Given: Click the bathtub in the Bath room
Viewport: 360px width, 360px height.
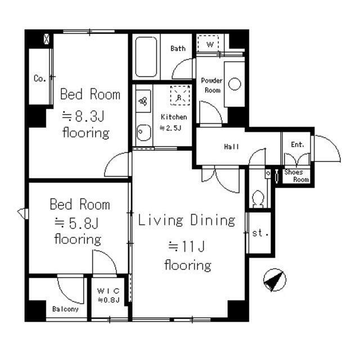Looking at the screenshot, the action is point(146,57).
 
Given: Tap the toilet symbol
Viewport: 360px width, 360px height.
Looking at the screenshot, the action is point(258,199).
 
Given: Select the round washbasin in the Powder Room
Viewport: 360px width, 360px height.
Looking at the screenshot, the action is point(235,84).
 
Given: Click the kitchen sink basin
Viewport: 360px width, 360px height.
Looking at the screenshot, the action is point(143,133).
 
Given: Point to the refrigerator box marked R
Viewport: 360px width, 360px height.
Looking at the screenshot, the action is point(180,95).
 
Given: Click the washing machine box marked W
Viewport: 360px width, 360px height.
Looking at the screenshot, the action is point(208,44).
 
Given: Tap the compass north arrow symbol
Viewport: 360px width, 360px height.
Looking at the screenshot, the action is point(274,280).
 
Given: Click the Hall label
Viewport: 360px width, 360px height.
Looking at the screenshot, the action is point(231,147).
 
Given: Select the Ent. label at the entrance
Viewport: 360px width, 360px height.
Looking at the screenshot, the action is point(298,145).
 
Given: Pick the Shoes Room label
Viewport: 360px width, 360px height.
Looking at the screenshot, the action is point(296,175).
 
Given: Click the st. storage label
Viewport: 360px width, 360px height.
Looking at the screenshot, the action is point(260,233).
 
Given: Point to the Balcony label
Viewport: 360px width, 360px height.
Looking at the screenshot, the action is point(65,309).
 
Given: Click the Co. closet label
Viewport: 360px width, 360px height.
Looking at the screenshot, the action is point(40,78).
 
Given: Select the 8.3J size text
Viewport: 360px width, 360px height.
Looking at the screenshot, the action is point(83,116).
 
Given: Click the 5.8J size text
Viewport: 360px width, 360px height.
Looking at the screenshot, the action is point(76,223).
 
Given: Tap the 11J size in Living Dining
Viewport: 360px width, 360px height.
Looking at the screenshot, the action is point(187,247).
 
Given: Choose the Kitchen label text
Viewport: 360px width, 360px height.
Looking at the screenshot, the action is point(174,117).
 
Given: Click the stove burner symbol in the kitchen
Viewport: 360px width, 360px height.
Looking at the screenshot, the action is point(143,101).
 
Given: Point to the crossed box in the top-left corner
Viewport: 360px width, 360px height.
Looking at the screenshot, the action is point(46,39).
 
